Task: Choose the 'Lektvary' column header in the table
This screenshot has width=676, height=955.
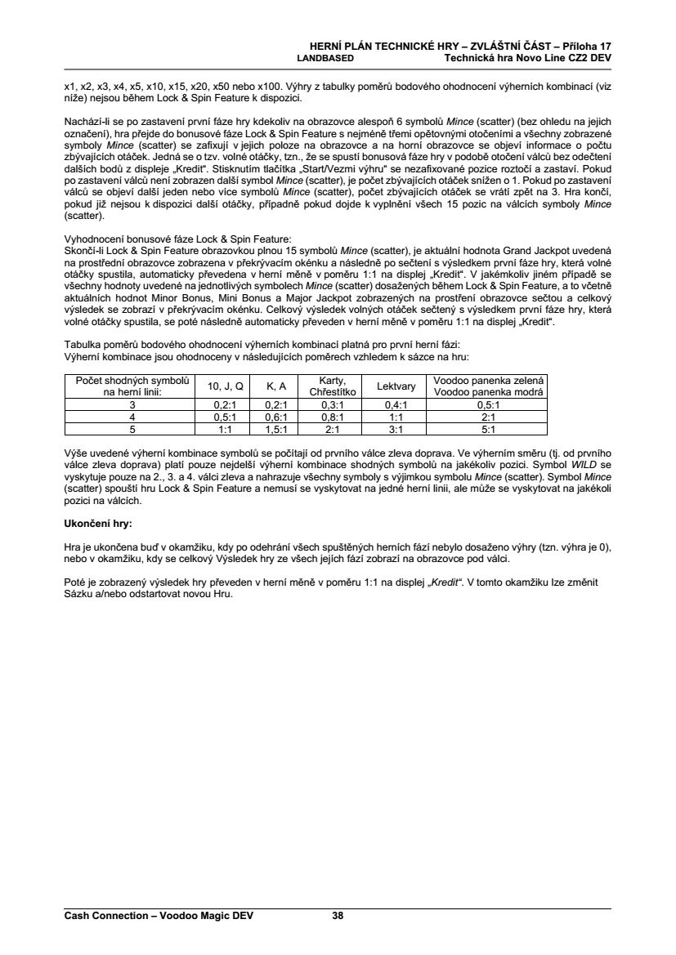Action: tap(396, 386)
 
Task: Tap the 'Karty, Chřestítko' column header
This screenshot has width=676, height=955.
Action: tap(332, 386)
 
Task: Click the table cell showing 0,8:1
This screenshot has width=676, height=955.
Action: tap(332, 416)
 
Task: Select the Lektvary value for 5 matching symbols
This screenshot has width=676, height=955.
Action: tap(396, 428)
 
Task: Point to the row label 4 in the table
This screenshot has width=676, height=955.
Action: tap(132, 416)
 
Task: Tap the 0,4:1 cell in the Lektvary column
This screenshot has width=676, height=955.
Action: tap(396, 404)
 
